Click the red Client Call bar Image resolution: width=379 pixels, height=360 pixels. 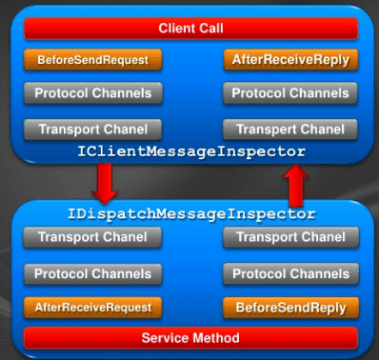point(191,28)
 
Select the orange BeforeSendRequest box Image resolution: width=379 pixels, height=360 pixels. point(92,60)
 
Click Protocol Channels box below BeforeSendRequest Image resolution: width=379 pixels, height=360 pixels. point(92,93)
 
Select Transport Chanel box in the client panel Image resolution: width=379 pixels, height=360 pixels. point(92,129)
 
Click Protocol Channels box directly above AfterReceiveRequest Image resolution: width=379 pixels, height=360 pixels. point(92,273)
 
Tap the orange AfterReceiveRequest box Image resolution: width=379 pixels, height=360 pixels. point(92,308)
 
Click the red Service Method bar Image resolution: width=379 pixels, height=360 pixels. point(191,337)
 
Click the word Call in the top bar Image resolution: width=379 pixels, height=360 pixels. point(211,28)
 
